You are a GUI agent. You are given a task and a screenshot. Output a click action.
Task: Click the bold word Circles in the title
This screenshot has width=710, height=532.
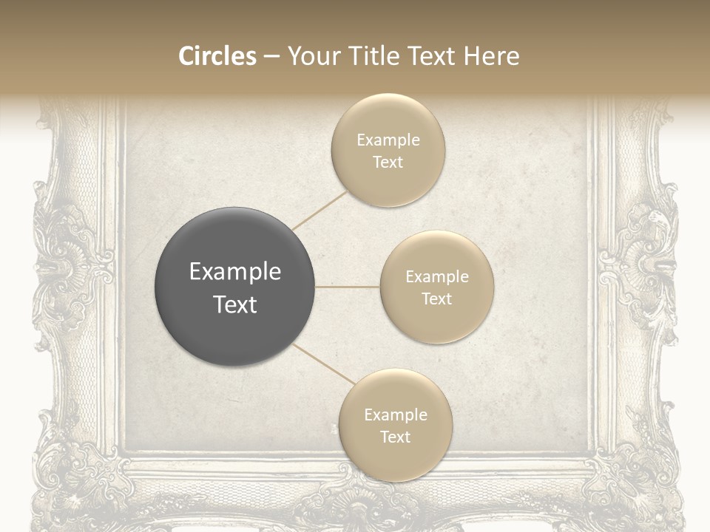217,56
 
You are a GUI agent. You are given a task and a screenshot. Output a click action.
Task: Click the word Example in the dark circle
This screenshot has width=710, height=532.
235,272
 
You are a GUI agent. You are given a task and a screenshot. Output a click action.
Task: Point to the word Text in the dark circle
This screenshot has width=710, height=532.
235,304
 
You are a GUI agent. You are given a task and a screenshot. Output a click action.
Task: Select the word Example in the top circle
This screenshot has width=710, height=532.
388,140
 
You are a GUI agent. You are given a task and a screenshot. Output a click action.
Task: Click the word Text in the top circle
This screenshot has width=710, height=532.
388,162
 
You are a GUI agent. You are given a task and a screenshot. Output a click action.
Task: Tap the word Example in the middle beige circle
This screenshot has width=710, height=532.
436,277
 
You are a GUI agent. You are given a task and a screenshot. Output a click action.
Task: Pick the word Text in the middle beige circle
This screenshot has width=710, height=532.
436,299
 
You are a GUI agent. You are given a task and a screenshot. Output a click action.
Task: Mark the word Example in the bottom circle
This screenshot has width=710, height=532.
395,415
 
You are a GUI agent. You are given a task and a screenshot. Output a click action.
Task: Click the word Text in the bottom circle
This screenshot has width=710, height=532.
395,437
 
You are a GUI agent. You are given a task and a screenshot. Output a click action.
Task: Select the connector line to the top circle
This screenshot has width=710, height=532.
320,210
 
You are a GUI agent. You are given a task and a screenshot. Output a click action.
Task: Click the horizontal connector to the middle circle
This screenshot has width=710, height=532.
348,287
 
